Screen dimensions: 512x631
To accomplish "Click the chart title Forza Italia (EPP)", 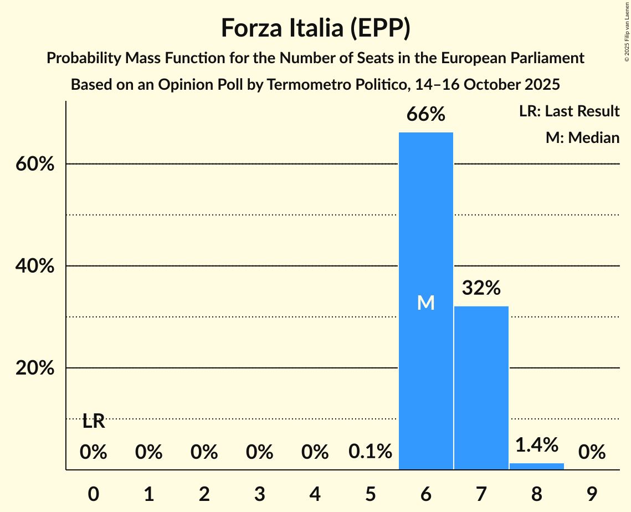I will (315, 28).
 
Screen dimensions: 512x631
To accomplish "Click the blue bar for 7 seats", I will (481, 388).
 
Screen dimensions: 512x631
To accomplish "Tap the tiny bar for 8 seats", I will (536, 467).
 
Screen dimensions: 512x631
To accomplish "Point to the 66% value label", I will (425, 114).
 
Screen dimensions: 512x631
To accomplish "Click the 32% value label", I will (481, 288).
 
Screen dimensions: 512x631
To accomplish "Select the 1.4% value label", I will (536, 444).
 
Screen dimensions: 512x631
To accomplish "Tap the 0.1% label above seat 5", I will (370, 452).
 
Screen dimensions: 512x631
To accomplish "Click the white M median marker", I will (425, 303).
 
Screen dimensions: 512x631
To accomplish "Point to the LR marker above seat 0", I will (94, 422).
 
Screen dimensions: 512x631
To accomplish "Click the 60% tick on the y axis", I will (34, 165).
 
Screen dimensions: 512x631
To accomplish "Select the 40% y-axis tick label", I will (34, 267).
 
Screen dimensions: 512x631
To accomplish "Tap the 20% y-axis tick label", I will (34, 368).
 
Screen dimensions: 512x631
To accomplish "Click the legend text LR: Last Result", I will (569, 111).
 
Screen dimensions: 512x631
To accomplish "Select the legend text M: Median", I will (582, 137).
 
